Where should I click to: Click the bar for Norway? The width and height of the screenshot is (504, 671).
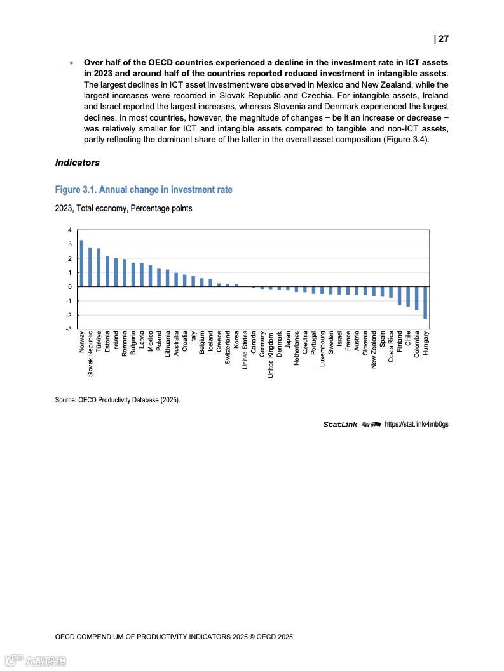click(81, 263)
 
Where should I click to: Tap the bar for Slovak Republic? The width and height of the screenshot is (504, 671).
click(90, 267)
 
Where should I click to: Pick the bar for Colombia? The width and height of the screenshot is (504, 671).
click(416, 298)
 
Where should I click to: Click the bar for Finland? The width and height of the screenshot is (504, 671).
click(400, 296)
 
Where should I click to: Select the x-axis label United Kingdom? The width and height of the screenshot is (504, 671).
click(271, 354)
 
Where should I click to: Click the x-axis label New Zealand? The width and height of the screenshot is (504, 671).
click(374, 350)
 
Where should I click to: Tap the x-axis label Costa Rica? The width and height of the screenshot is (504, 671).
click(391, 347)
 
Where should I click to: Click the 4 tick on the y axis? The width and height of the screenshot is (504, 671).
click(69, 230)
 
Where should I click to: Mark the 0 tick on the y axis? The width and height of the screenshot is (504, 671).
click(69, 287)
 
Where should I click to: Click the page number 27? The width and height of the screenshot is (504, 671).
click(442, 39)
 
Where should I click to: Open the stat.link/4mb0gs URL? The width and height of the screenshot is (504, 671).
click(416, 424)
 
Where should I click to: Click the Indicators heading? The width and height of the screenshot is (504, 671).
click(78, 163)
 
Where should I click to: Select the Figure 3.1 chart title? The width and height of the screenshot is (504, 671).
click(144, 190)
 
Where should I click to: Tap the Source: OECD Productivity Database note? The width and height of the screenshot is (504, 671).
click(118, 400)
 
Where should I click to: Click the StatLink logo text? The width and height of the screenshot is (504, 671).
click(340, 424)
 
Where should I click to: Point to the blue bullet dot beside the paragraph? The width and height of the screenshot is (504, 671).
click(72, 63)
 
